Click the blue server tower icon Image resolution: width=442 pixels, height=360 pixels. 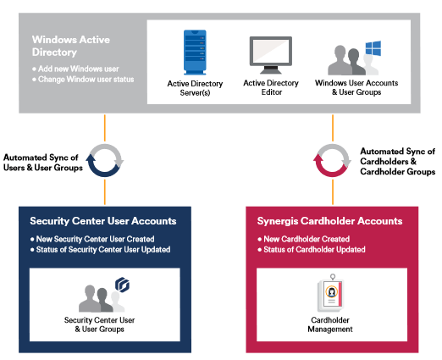[195, 53]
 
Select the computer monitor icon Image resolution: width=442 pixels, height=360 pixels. [271, 55]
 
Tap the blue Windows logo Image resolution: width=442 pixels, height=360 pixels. [373, 48]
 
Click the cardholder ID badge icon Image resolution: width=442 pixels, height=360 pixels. [330, 293]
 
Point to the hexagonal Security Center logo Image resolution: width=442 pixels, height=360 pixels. [123, 285]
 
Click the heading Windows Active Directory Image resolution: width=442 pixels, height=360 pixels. [71, 46]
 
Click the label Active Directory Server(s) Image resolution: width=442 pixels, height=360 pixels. [195, 88]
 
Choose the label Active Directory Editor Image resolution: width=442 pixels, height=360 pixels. [271, 87]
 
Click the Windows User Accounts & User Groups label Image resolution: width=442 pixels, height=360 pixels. [356, 87]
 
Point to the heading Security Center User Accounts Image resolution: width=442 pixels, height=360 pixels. [103, 221]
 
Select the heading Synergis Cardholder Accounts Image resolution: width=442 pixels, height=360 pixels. [329, 221]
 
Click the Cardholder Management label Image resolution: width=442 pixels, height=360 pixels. [330, 324]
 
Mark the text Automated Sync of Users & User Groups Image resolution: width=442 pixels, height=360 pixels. [43, 163]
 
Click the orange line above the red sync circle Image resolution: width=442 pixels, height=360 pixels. [333, 128]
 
